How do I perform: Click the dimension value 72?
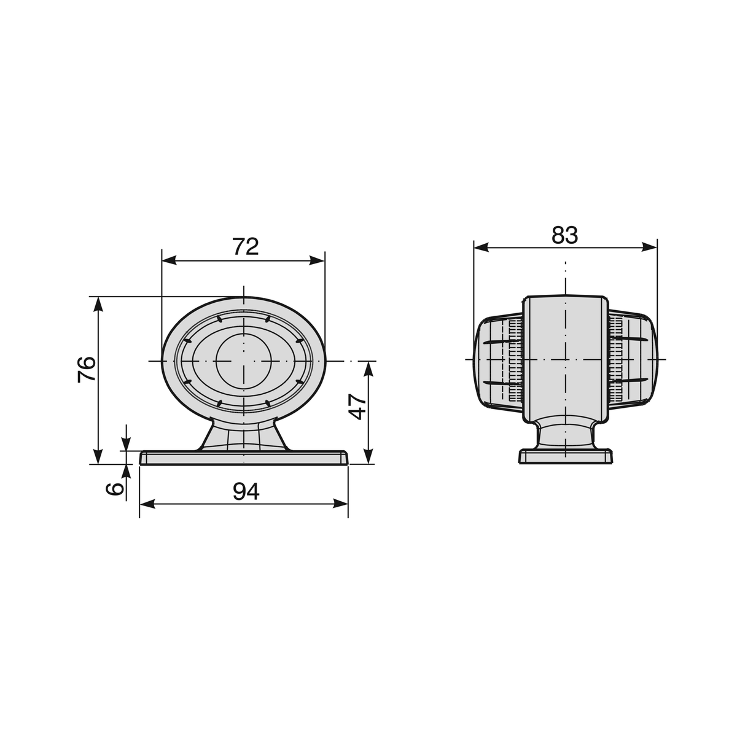[246, 247]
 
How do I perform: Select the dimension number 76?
[87, 370]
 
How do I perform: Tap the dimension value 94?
[246, 492]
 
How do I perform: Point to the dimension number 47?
[358, 407]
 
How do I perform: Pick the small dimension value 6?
[115, 489]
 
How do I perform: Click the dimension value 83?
[564, 235]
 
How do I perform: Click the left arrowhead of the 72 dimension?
[169, 261]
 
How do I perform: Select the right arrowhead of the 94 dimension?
[341, 504]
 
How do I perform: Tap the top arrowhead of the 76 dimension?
[98, 305]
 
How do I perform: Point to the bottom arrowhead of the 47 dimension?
[368, 457]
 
